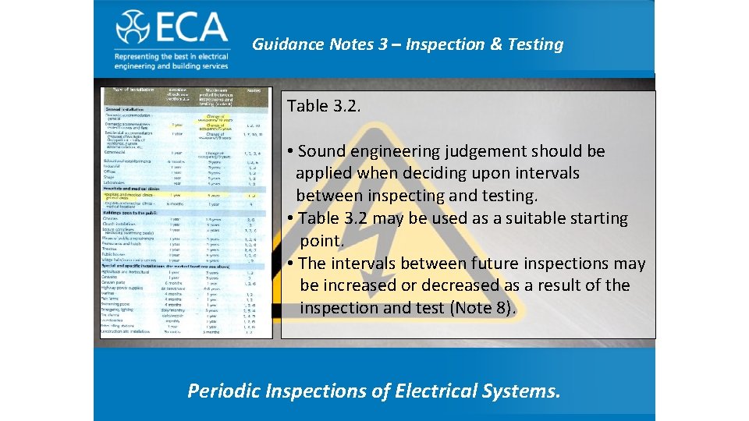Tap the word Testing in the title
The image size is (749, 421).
535,44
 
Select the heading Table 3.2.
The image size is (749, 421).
324,106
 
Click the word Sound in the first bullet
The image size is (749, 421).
324,151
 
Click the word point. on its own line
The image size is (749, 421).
321,241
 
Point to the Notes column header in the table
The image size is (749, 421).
254,91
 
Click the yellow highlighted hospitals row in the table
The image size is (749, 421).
183,196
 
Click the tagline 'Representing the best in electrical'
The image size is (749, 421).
172,57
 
